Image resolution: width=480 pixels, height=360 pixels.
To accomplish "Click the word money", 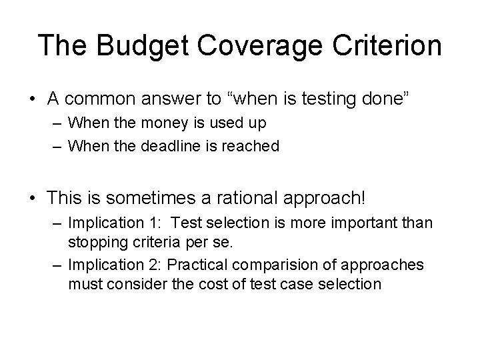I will click(x=180, y=123).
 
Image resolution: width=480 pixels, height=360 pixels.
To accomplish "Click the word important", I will click(x=359, y=222).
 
